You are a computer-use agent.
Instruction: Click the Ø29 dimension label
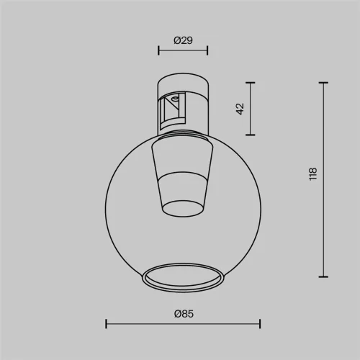pyautogui.click(x=183, y=40)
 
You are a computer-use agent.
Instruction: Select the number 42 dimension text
pyautogui.click(x=240, y=109)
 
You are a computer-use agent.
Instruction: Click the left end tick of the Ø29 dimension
pyautogui.click(x=158, y=50)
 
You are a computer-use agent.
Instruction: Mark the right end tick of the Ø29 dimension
pyautogui.click(x=207, y=50)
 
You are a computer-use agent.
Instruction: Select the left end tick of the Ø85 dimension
pyautogui.click(x=107, y=323)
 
